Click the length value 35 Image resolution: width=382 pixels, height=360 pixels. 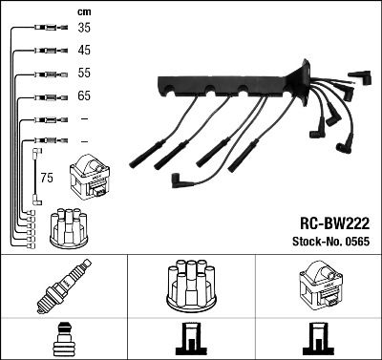pos(85,30)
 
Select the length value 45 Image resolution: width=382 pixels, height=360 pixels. pos(85,51)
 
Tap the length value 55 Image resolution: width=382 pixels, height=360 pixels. pos(85,74)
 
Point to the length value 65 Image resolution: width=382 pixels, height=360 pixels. pos(85,96)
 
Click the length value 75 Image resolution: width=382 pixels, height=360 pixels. pos(47,178)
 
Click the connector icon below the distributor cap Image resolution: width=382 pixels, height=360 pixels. pos(191,338)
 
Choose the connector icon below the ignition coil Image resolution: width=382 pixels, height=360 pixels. pos(318,338)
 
